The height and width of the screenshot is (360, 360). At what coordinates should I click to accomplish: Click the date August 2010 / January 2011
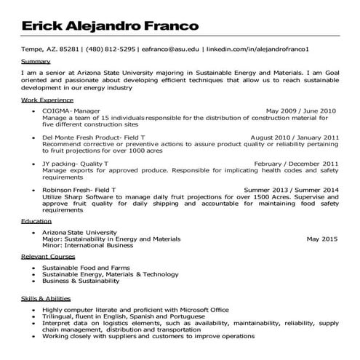coord(295,136)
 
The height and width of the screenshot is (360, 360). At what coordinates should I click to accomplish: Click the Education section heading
coord(36,220)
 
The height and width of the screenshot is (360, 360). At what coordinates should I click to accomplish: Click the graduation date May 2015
coord(322,238)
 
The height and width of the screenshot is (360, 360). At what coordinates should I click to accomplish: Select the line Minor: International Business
coord(90,245)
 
